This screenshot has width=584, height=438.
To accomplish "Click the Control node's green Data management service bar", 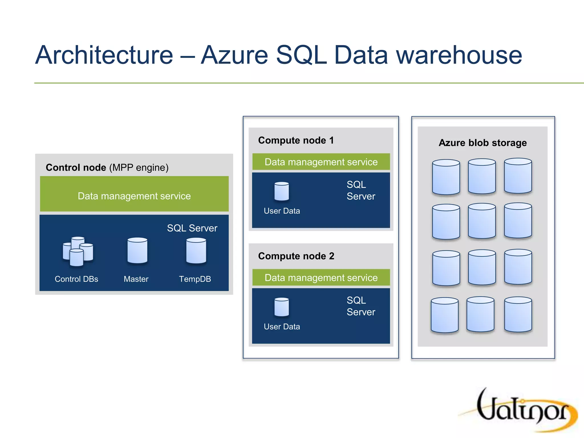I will tap(134, 194).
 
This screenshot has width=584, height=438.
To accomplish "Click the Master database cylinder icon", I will tap(137, 251).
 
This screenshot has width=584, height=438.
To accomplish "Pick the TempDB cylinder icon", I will tap(196, 251).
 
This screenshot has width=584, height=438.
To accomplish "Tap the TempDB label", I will tap(195, 279).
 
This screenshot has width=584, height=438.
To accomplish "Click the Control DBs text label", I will tap(76, 279).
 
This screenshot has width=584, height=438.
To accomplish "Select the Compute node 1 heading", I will tap(296, 140).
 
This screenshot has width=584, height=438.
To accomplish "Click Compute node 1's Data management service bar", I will tap(321, 162).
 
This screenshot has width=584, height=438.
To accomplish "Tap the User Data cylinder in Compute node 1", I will tap(282, 191).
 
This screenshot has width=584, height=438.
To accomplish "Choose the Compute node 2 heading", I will tap(296, 256).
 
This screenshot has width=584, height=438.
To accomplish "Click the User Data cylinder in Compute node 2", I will tap(282, 307).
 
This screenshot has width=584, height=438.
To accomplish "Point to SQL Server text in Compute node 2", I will tap(361, 306).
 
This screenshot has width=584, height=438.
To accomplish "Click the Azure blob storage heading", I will tap(482, 143).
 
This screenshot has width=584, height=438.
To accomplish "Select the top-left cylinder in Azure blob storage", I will tap(446, 177).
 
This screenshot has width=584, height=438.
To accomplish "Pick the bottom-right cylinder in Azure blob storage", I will tap(518, 314).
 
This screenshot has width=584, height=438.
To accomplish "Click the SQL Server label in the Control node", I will tap(192, 228).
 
